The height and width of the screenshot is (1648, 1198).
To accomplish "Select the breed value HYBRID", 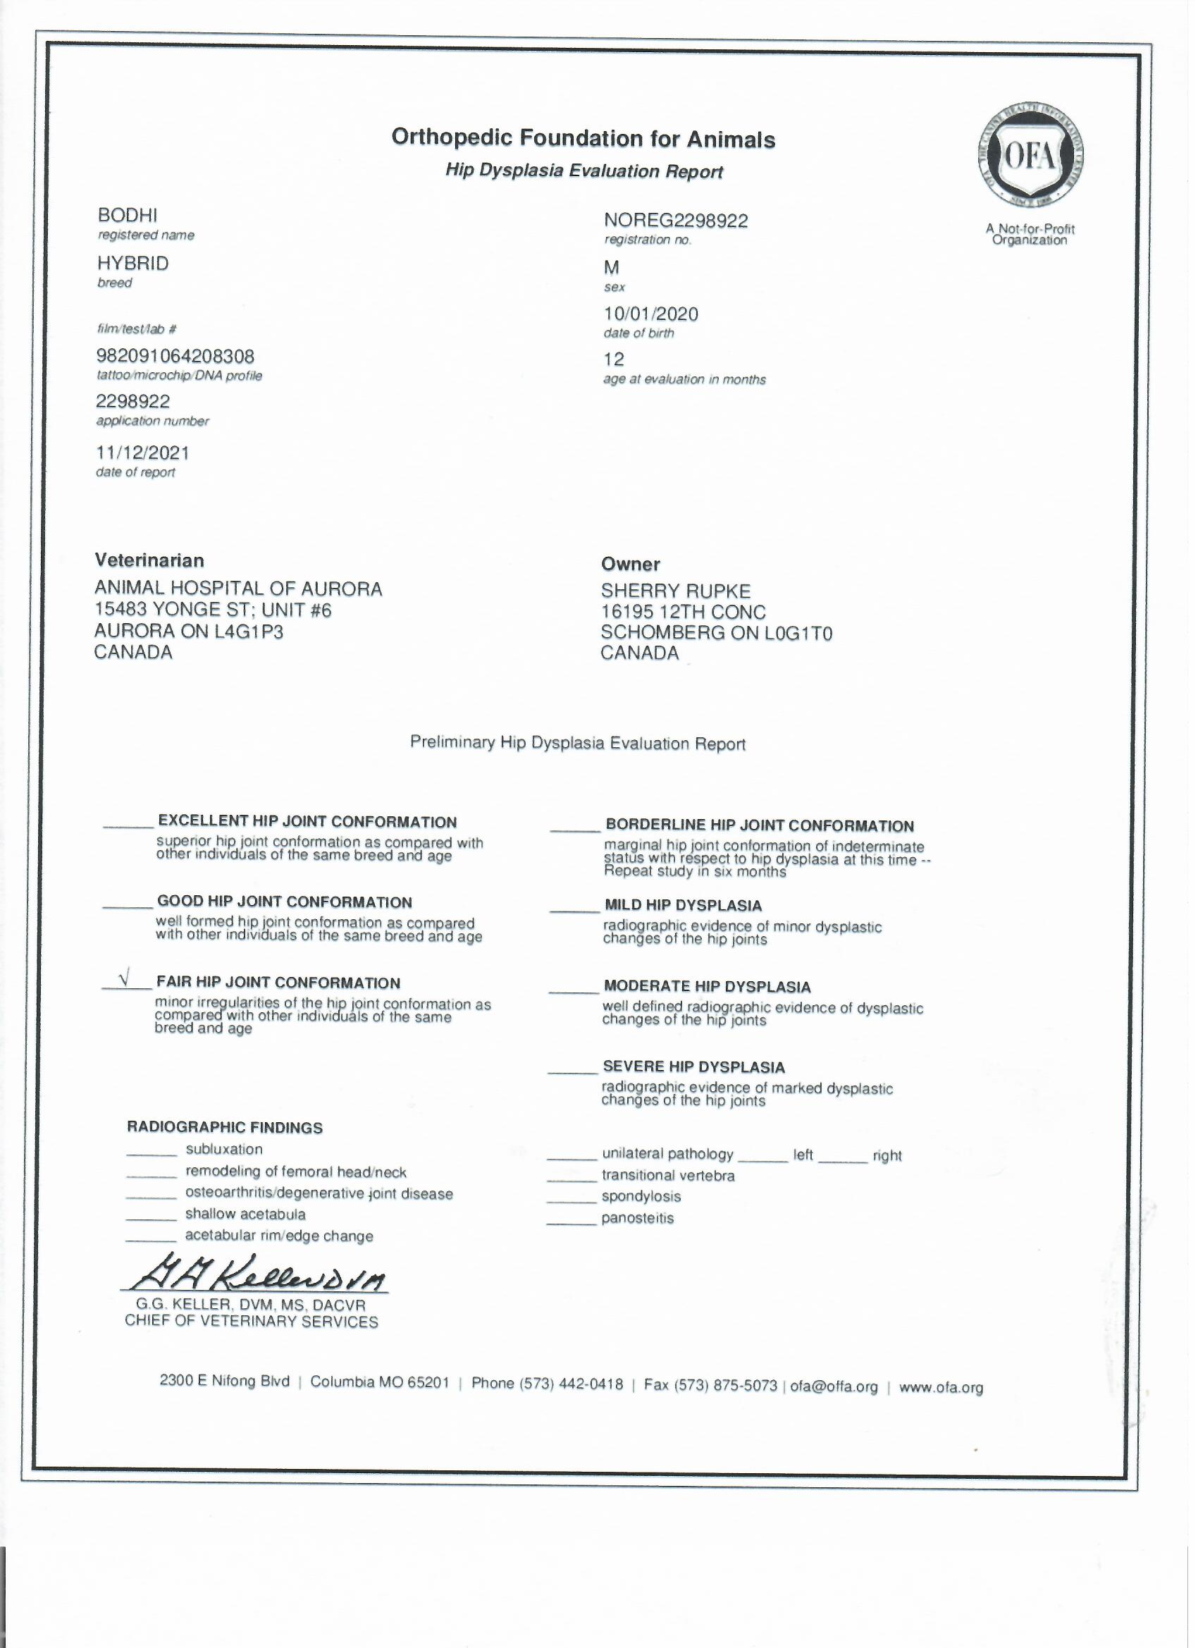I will click(x=133, y=263).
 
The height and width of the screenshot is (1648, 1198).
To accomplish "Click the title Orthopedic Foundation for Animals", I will click(x=583, y=138).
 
